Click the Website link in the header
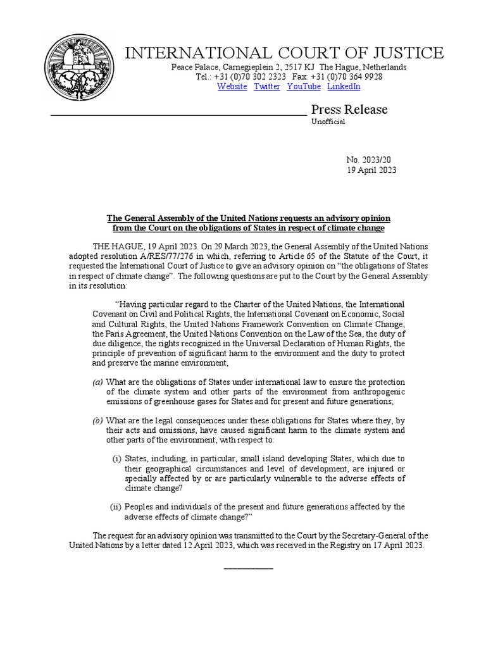232,87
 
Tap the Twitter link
266,87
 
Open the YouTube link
304,87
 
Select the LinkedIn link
344,87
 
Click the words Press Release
349,109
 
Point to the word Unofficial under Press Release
328,121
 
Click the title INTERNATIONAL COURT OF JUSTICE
284,53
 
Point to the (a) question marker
97,382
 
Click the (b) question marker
97,421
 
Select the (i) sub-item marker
116,459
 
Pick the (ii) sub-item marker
116,507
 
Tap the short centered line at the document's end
249,568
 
